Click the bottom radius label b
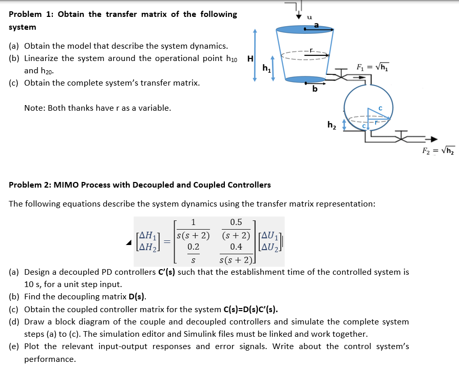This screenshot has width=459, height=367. [314, 90]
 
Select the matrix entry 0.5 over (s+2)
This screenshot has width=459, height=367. [236, 230]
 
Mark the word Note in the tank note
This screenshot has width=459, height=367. [34, 108]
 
